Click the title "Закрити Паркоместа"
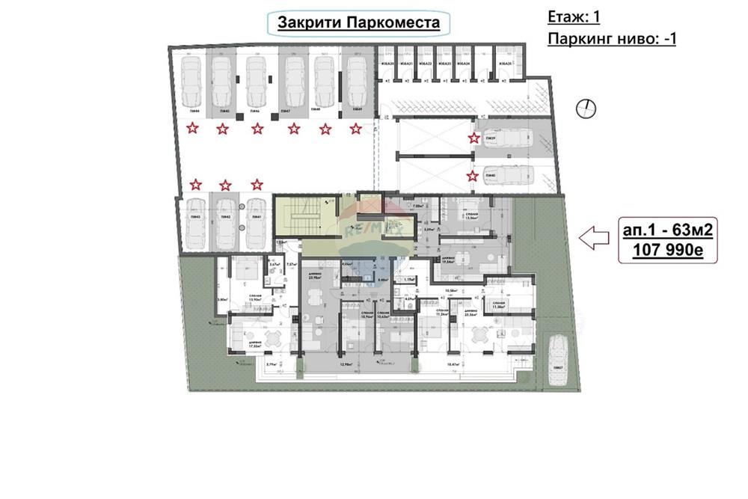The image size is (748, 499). pyautogui.click(x=358, y=23)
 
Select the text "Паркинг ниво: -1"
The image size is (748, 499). pyautogui.click(x=611, y=38)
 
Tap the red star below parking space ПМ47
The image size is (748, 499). pyautogui.click(x=294, y=129)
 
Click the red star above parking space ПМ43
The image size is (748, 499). pyautogui.click(x=196, y=184)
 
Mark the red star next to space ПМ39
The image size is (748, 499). pyautogui.click(x=473, y=138)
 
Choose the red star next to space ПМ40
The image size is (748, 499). pyautogui.click(x=472, y=177)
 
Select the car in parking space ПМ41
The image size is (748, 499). pyautogui.click(x=256, y=222)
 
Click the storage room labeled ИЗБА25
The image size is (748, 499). pyautogui.click(x=506, y=64)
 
